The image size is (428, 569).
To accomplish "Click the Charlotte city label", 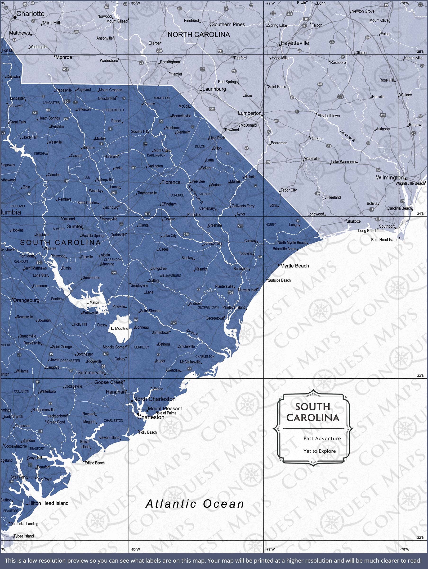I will click(30, 14).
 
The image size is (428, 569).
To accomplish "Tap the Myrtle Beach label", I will click(294, 266).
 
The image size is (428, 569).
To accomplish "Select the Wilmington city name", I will click(389, 178).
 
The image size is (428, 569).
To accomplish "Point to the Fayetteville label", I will click(295, 43).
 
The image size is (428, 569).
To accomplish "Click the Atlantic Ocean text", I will click(195, 504).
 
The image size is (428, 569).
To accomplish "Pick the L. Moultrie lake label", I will click(120, 329).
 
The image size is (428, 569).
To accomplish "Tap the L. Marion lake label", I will click(93, 302).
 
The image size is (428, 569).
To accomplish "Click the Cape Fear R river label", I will click(347, 136).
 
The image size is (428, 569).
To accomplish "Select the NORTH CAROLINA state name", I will click(199, 35).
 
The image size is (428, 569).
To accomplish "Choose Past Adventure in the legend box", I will click(322, 438).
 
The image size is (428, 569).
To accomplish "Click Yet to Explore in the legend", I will click(319, 451).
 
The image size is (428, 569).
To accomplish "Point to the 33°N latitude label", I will click(421, 376).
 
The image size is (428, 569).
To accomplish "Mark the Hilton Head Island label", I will click(48, 503).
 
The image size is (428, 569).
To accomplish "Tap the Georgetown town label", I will click(215, 318).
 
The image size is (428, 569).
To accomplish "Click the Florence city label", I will click(171, 182).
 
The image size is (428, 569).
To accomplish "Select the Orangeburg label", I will click(26, 300).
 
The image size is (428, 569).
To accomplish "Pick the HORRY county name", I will click(271, 225).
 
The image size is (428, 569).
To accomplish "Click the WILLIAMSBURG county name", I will click(170, 275).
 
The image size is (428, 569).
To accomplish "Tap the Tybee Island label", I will click(24, 536).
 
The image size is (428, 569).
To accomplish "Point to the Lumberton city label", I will click(250, 113).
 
